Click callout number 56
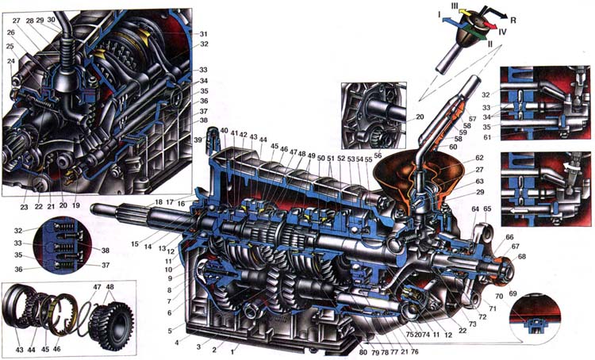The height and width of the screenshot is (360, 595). tap(378, 157)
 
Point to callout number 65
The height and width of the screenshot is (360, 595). tap(487, 209)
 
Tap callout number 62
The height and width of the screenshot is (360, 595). tap(479, 159)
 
